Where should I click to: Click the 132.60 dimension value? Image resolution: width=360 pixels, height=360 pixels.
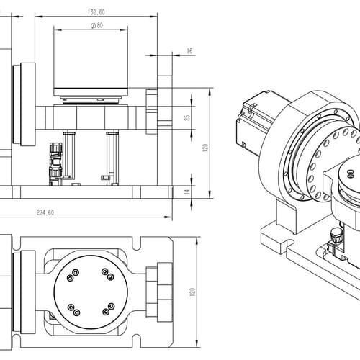(x=96, y=12)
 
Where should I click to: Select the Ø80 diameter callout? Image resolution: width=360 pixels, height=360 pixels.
(x=97, y=25)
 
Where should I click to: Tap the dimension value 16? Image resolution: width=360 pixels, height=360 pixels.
(x=189, y=51)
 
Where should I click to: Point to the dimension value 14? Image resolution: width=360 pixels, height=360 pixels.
(x=187, y=192)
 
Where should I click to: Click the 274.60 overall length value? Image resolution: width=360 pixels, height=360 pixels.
(x=45, y=212)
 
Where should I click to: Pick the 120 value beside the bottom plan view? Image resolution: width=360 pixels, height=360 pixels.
(x=192, y=292)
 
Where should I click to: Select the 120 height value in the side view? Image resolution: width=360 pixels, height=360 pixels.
(x=204, y=147)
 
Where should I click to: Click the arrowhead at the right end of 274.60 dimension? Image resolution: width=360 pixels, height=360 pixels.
(x=168, y=217)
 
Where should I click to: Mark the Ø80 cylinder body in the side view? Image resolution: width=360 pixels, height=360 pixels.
(x=91, y=60)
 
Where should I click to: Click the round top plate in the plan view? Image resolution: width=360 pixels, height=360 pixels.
(x=91, y=292)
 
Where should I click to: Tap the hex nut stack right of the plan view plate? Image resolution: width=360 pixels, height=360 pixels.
(x=159, y=292)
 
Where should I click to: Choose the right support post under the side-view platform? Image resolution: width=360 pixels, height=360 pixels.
(x=112, y=158)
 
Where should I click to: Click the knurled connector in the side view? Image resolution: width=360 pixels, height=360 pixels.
(x=55, y=164)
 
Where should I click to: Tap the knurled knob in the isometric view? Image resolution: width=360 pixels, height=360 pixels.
(x=336, y=235)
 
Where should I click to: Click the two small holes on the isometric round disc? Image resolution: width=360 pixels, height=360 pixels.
(x=351, y=174)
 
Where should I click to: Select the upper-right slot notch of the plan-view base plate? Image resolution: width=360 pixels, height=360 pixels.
(x=136, y=243)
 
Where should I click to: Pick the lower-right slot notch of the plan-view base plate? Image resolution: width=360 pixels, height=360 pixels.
(x=136, y=341)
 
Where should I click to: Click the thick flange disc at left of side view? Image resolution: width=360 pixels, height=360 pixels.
(x=28, y=104)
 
